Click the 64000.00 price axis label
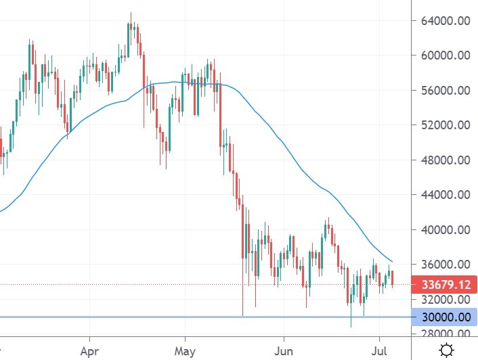coord(446,20)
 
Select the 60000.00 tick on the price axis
coord(446,55)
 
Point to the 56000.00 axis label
coord(446,91)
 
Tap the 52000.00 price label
coord(446,125)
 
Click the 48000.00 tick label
coord(446,160)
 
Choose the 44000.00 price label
coord(446,195)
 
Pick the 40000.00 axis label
coord(446,230)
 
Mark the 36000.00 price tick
coord(446,265)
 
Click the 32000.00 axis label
coord(446,299)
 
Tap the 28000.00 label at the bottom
coord(446,334)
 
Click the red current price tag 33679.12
coord(445,284)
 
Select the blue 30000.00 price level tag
coord(445,317)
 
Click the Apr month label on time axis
coord(89,351)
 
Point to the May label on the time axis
coord(185,351)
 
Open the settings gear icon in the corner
coord(446,350)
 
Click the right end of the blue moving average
coord(392,261)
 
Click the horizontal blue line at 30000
coord(203,317)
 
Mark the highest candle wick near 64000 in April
coord(131,13)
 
